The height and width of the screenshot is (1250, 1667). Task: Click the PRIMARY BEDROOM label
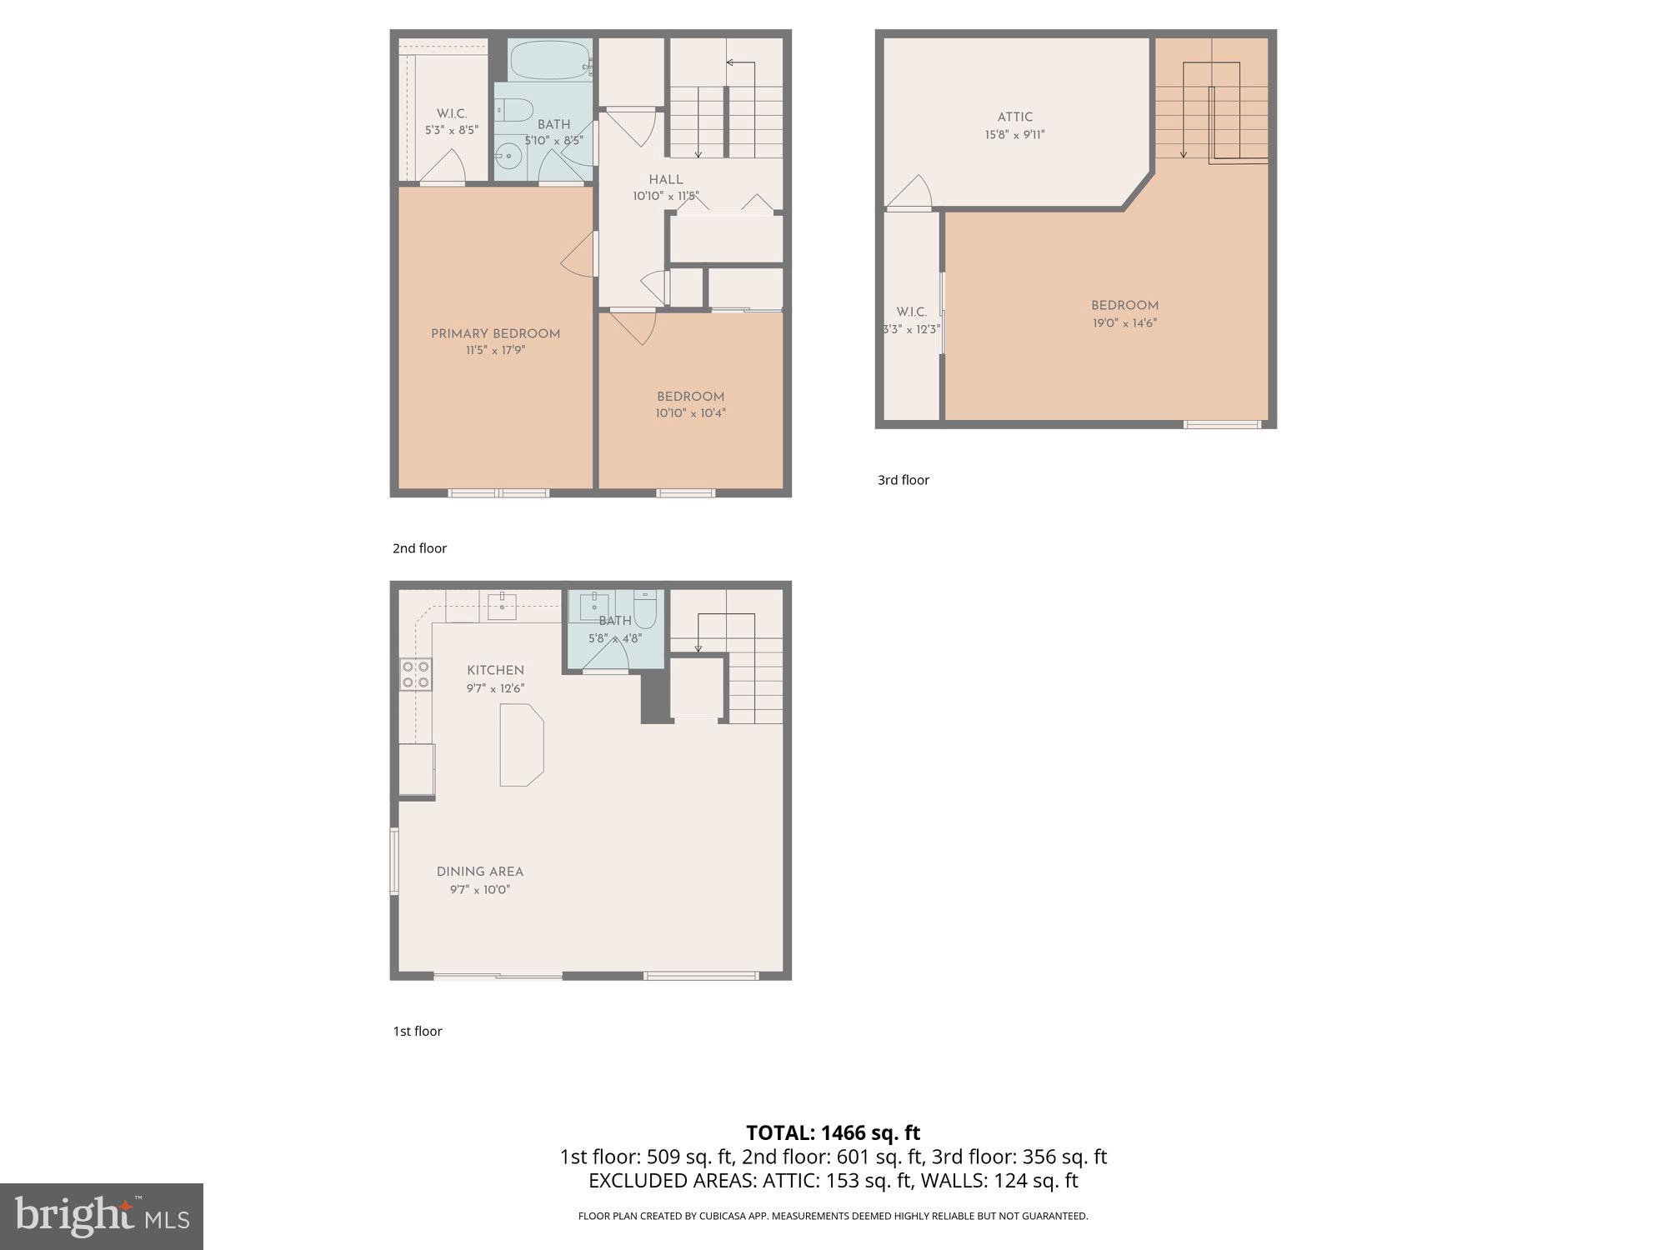pos(495,334)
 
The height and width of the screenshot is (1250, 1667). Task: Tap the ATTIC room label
pos(1014,117)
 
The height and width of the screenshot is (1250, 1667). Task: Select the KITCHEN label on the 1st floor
pos(495,671)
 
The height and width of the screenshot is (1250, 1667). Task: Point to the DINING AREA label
pos(480,872)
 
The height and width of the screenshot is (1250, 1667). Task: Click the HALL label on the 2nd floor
pos(666,180)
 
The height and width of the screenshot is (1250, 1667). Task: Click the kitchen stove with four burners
pos(416,674)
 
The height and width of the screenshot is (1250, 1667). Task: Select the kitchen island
pos(521,744)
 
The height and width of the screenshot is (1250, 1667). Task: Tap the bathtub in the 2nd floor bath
pos(550,59)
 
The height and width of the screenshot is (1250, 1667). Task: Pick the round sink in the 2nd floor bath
pos(508,156)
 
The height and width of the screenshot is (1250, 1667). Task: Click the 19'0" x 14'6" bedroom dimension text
pos(1124,323)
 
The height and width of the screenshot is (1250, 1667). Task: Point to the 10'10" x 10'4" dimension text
pos(690,413)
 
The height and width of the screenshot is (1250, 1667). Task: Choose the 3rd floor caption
pos(903,480)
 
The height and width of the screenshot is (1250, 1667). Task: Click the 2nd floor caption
pos(419,548)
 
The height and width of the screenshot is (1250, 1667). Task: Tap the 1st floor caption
pos(418,1032)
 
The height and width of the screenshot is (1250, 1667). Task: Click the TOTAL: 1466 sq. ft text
pos(833,1133)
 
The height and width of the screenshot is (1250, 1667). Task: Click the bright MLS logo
pos(101,1217)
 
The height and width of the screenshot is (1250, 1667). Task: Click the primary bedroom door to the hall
pos(579,255)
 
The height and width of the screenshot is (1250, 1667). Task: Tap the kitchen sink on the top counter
pos(503,607)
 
